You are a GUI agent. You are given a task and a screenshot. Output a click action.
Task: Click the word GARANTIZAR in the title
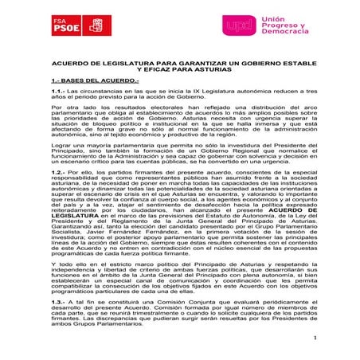[184, 60]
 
